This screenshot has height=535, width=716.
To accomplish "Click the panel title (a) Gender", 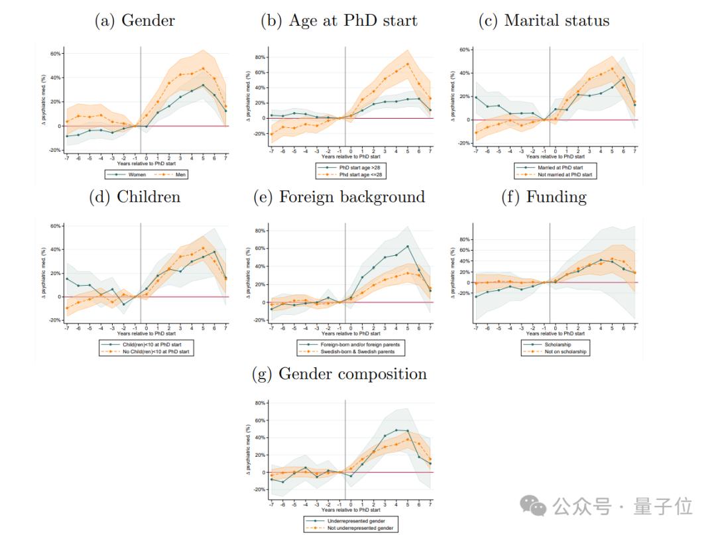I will click(135, 21).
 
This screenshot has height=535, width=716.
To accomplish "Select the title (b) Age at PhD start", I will click(339, 21).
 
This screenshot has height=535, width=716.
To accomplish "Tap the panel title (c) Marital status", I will click(544, 21).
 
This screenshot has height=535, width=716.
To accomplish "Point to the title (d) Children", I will click(135, 197).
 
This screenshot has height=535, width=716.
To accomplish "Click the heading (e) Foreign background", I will click(339, 197).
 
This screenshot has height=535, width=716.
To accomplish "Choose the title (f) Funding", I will click(544, 197).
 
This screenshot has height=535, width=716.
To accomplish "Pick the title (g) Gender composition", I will click(339, 374).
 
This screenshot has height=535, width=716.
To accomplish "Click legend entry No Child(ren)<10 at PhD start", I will click(149, 351).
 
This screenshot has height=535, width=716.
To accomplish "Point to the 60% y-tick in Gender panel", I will click(56, 54).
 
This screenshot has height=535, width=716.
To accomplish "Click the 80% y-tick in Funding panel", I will click(463, 239).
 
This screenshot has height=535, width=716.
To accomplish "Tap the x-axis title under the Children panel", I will click(146, 333).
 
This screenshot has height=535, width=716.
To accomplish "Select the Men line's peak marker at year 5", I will click(204, 68).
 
